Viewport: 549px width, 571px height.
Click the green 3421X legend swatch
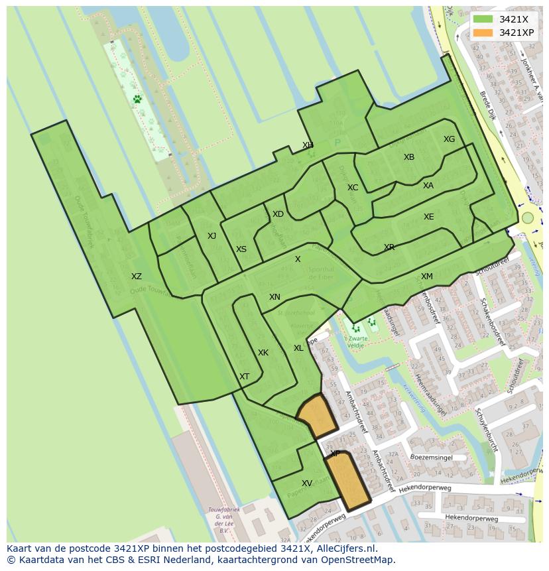tap(483, 19)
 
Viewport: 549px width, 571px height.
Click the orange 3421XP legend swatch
tap(483, 32)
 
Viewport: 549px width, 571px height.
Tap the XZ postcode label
tap(136, 277)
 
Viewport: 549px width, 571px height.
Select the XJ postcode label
tap(212, 236)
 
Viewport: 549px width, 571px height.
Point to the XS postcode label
tap(241, 249)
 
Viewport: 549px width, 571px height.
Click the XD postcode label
tap(278, 214)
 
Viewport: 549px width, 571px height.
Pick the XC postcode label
tap(353, 188)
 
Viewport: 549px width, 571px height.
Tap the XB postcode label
tap(409, 157)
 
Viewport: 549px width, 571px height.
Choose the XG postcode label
tap(450, 139)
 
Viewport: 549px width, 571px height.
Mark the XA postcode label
tap(428, 186)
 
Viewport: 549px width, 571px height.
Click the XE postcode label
tap(429, 217)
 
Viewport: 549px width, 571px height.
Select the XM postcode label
tap(427, 277)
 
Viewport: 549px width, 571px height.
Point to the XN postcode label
tap(274, 297)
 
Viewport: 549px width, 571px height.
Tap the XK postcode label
tap(263, 353)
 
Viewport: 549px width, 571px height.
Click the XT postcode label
tap(245, 377)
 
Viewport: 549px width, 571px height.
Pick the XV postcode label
tap(307, 483)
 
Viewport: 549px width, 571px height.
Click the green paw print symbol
tap(137, 99)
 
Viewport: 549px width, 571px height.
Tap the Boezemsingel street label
tap(431, 458)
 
